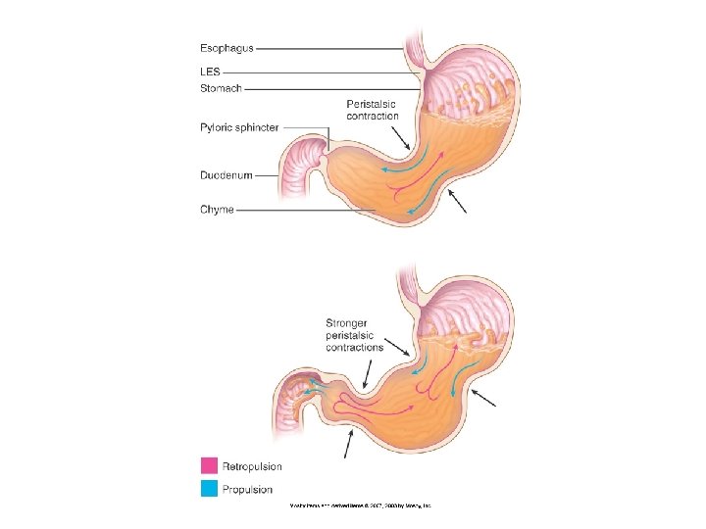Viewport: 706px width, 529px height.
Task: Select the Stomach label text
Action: (x=221, y=88)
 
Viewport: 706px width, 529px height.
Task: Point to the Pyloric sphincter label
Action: (x=239, y=128)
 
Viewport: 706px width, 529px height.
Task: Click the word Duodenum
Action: (x=227, y=175)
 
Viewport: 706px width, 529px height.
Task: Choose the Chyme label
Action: (x=217, y=210)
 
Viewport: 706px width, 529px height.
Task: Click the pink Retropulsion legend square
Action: (x=209, y=466)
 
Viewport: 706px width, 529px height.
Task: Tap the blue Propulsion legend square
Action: (x=209, y=488)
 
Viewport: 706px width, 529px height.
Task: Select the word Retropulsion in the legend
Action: (x=252, y=466)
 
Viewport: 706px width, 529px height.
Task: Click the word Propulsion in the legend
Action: (x=247, y=489)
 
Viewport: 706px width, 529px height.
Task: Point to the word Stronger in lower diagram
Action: (x=348, y=322)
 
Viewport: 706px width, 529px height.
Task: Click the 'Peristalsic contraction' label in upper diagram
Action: (x=373, y=110)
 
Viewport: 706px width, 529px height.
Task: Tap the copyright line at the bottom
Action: (x=360, y=506)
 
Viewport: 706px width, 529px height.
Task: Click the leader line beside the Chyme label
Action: (x=304, y=210)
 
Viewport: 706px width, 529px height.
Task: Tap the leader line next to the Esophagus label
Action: (x=328, y=47)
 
